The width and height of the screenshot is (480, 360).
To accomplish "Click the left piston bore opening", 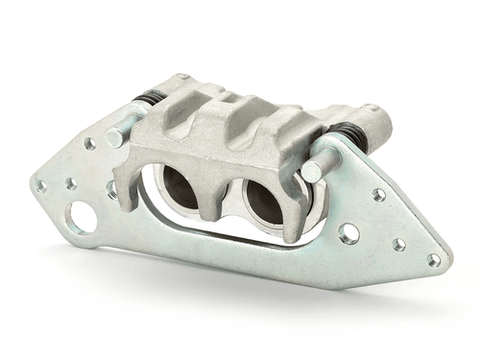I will tap(180, 188).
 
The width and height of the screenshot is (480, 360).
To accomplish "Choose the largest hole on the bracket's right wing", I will tap(348, 232).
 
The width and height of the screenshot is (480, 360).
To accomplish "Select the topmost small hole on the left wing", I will tap(88, 144).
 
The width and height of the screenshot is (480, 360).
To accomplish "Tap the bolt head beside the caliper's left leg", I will tap(112, 188).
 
